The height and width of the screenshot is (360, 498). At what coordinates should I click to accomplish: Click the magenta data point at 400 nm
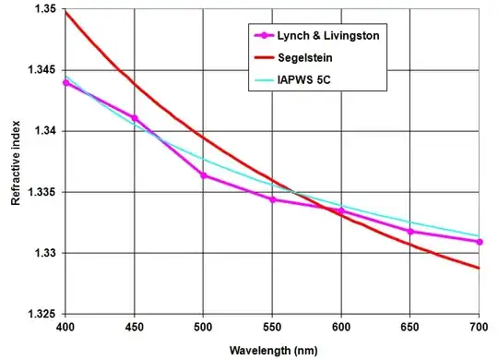[x=65, y=83]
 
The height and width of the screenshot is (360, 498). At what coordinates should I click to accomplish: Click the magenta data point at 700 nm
[x=480, y=242]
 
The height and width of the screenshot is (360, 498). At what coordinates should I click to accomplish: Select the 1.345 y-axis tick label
[x=40, y=70]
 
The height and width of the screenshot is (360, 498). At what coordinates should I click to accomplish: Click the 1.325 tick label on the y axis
[x=40, y=314]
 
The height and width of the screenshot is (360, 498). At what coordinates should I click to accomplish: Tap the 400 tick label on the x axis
[x=65, y=328]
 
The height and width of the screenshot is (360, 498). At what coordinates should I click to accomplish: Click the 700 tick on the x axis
[x=480, y=328]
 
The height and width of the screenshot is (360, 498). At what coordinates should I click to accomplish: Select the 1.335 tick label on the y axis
[x=40, y=192]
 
